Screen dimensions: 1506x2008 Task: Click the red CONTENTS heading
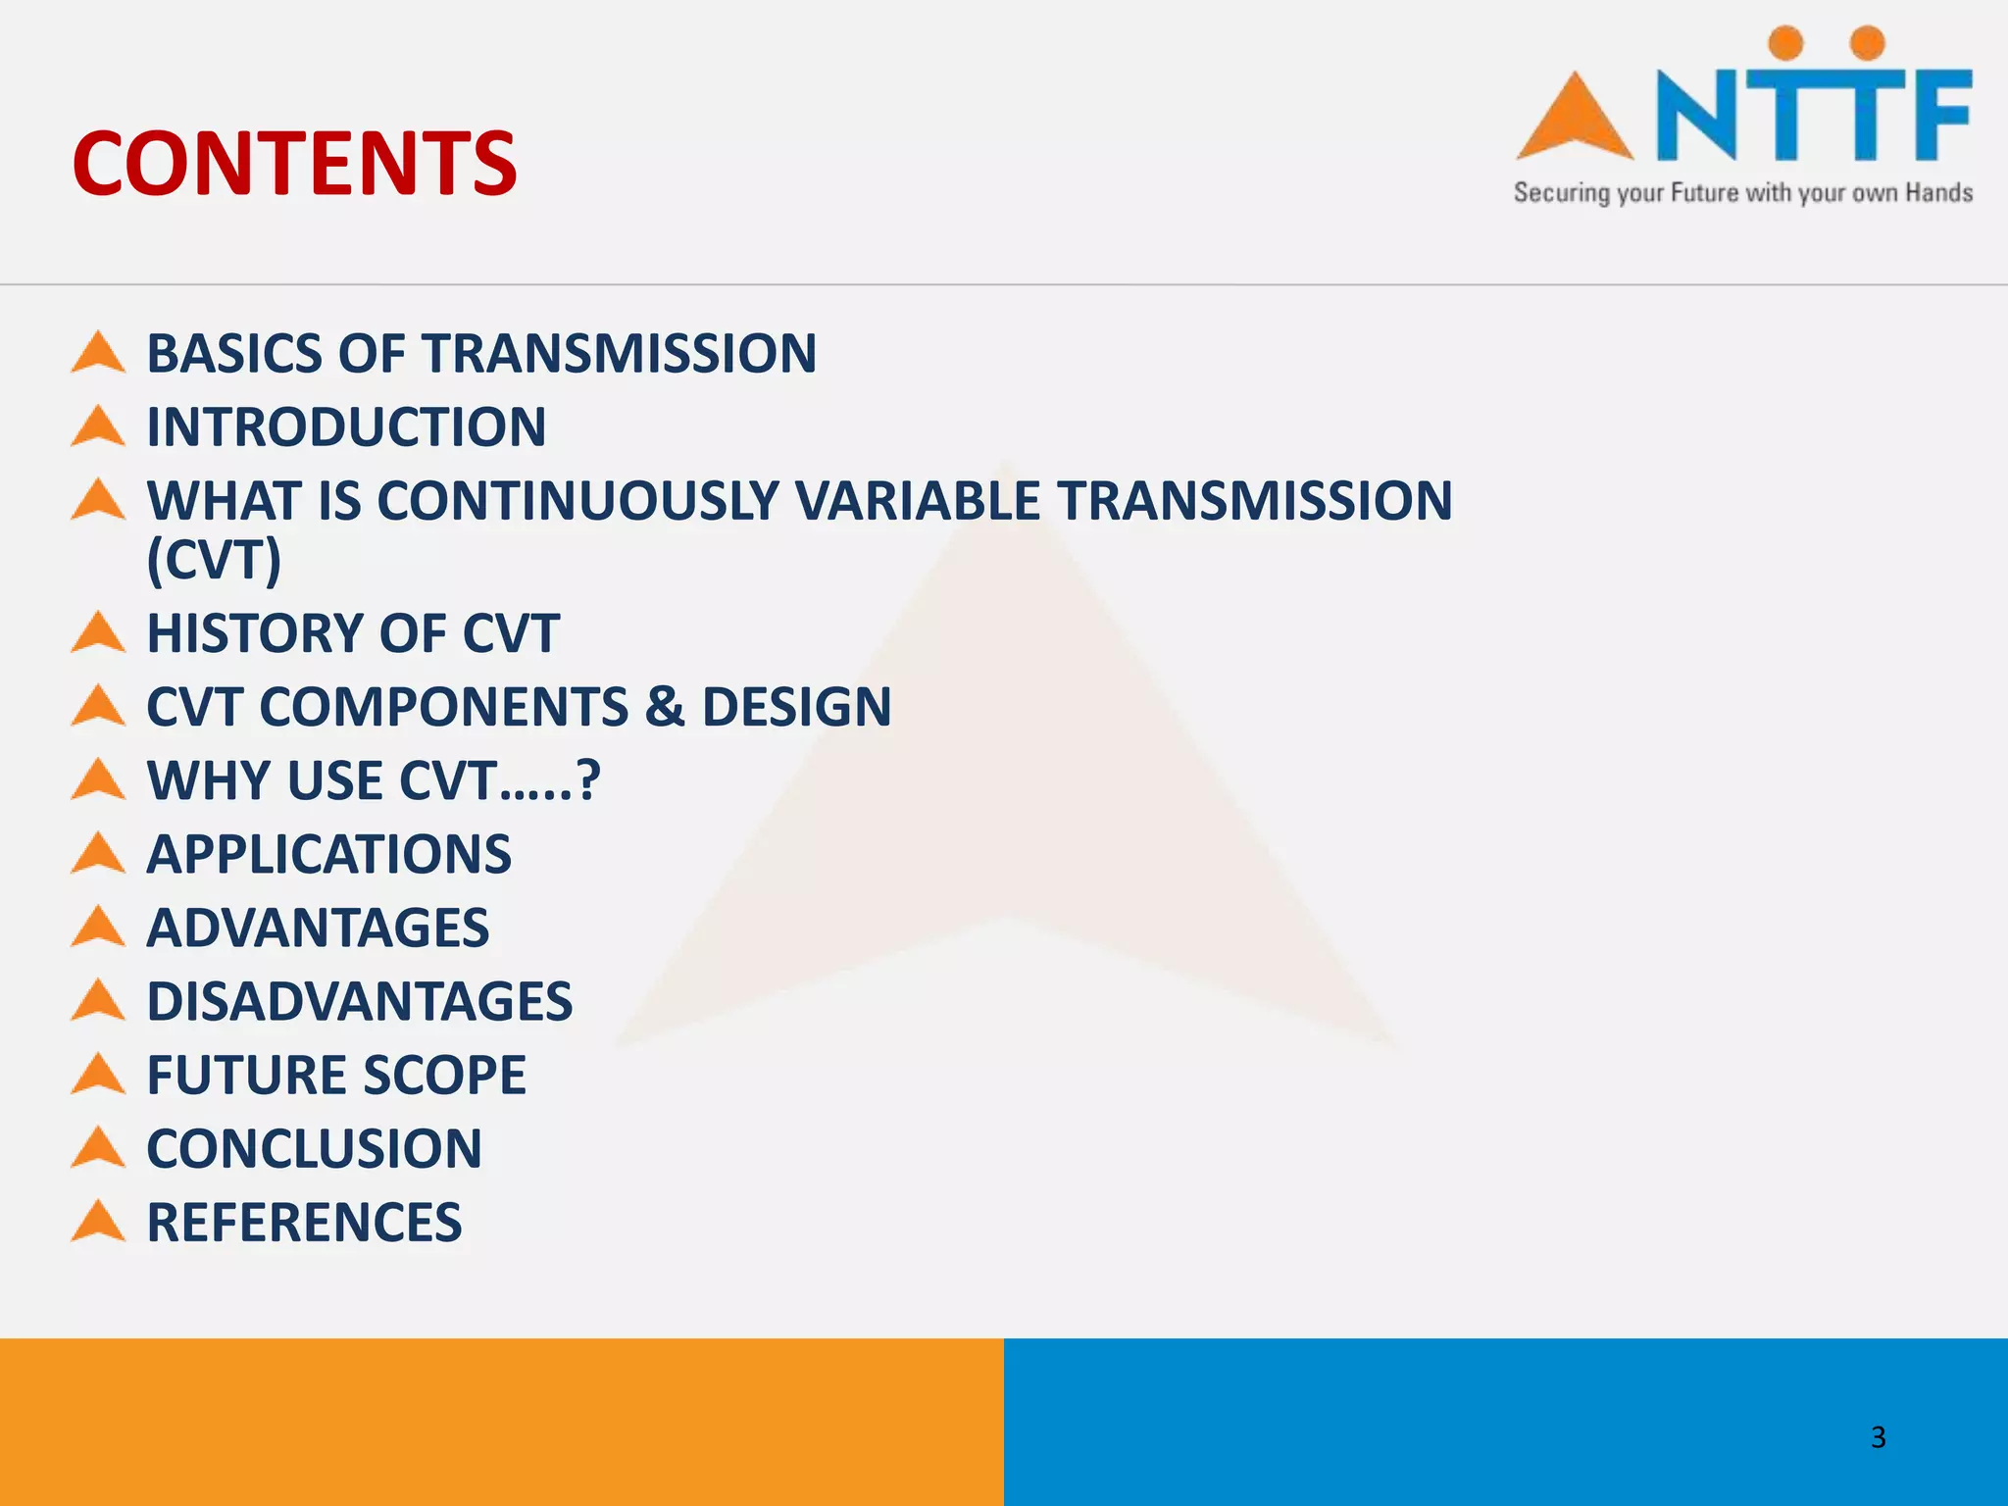coord(294,164)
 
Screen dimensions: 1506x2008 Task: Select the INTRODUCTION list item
coord(346,427)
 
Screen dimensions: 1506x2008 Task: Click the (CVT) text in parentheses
coord(214,560)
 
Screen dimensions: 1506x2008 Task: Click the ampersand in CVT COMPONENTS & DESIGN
coord(665,707)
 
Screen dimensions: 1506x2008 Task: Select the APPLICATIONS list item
coord(328,854)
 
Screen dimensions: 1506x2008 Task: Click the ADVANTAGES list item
coord(318,928)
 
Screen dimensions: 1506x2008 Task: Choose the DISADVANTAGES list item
coord(359,1001)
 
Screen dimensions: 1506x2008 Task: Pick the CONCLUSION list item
coord(314,1148)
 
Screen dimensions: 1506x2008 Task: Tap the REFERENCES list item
coord(304,1222)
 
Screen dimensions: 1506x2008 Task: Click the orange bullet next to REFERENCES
coord(98,1222)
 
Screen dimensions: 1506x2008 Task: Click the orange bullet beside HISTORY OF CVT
coord(98,633)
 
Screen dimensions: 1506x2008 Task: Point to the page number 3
coord(1878,1436)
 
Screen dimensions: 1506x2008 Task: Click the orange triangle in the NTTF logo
coord(1575,120)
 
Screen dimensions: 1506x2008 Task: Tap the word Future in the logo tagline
coord(1704,193)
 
